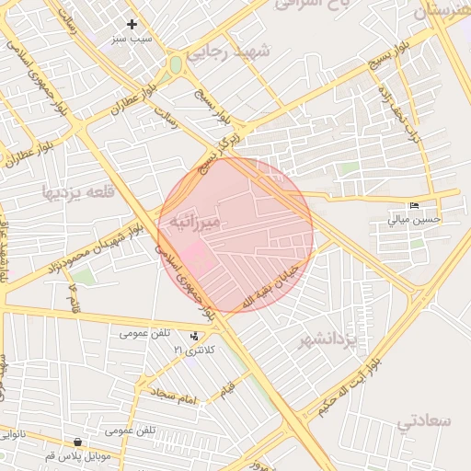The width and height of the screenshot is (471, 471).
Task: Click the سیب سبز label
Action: (132, 40)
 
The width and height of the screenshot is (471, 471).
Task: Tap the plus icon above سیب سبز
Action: (132, 24)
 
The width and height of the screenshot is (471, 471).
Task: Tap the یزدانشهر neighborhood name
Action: (327, 341)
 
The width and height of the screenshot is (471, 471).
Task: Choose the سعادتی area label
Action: (425, 420)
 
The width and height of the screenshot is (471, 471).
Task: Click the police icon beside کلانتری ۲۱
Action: (193, 336)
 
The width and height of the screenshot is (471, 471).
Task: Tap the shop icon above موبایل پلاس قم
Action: (63, 442)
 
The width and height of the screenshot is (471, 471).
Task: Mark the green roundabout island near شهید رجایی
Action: (175, 65)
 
